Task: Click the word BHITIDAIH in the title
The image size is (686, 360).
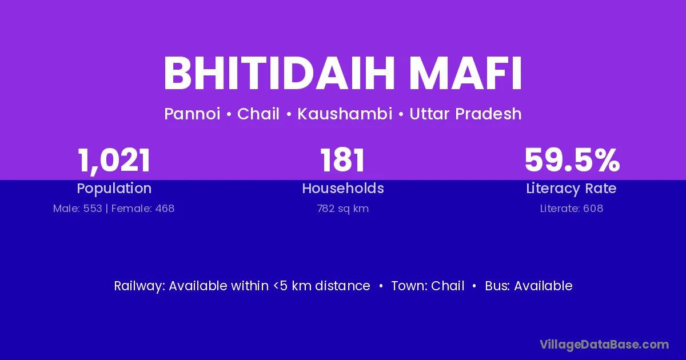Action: coord(280,74)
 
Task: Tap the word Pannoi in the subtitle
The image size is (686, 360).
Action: coord(192,114)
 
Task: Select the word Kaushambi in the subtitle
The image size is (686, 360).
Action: coord(345,114)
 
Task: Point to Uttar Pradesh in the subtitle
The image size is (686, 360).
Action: coord(465,114)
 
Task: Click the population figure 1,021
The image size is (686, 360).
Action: coord(114,161)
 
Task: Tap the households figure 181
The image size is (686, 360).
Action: coord(342,160)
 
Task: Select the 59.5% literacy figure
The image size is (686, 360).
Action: coord(572,160)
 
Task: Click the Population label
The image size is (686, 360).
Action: coord(114,189)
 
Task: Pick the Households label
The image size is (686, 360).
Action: coord(343,188)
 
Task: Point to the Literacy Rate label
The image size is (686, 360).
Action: coord(572,189)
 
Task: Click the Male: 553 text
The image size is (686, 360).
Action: coord(78,209)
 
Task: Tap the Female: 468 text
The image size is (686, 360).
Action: coord(143,209)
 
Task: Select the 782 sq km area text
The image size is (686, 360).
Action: coord(343,209)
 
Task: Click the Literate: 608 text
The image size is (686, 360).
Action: coord(572,209)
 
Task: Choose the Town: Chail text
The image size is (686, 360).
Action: coord(428,286)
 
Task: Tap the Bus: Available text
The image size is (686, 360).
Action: coord(529,286)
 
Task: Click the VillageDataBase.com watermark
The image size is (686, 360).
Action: coord(604,345)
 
